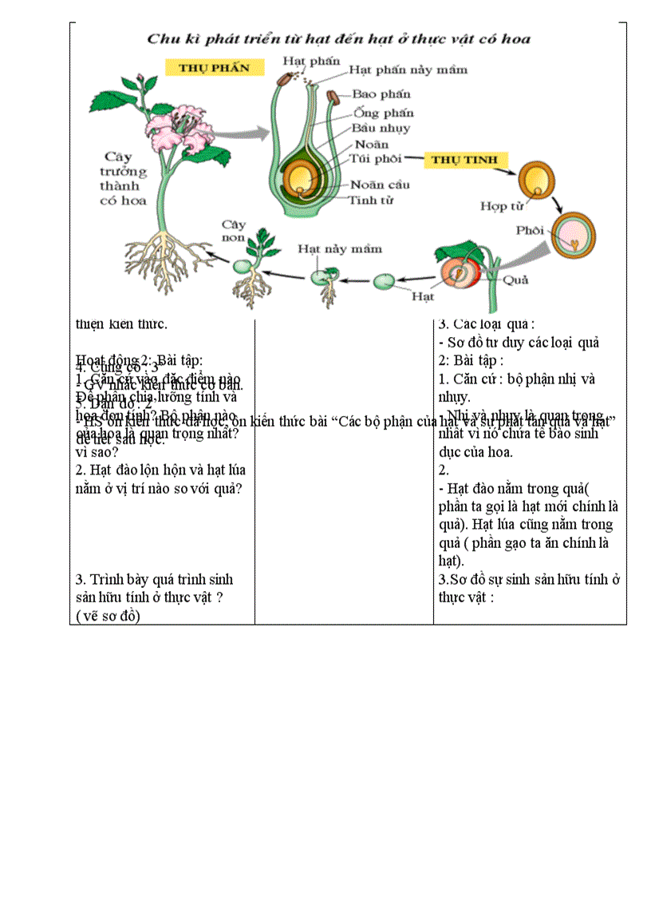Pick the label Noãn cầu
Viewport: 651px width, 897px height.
pyautogui.click(x=380, y=185)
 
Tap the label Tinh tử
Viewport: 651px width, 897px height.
pyautogui.click(x=371, y=200)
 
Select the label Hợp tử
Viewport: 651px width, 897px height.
pyautogui.click(x=502, y=206)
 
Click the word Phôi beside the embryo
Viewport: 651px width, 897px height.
pyautogui.click(x=530, y=230)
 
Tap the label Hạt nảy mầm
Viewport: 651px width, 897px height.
pyautogui.click(x=340, y=248)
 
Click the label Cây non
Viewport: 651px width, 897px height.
pyautogui.click(x=234, y=231)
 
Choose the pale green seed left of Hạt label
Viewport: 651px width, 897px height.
pyautogui.click(x=384, y=281)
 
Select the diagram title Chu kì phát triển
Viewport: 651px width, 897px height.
pyautogui.click(x=339, y=38)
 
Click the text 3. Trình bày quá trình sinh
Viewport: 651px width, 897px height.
pyautogui.click(x=154, y=579)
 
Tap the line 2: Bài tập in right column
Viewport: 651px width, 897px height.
pyautogui.click(x=471, y=360)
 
